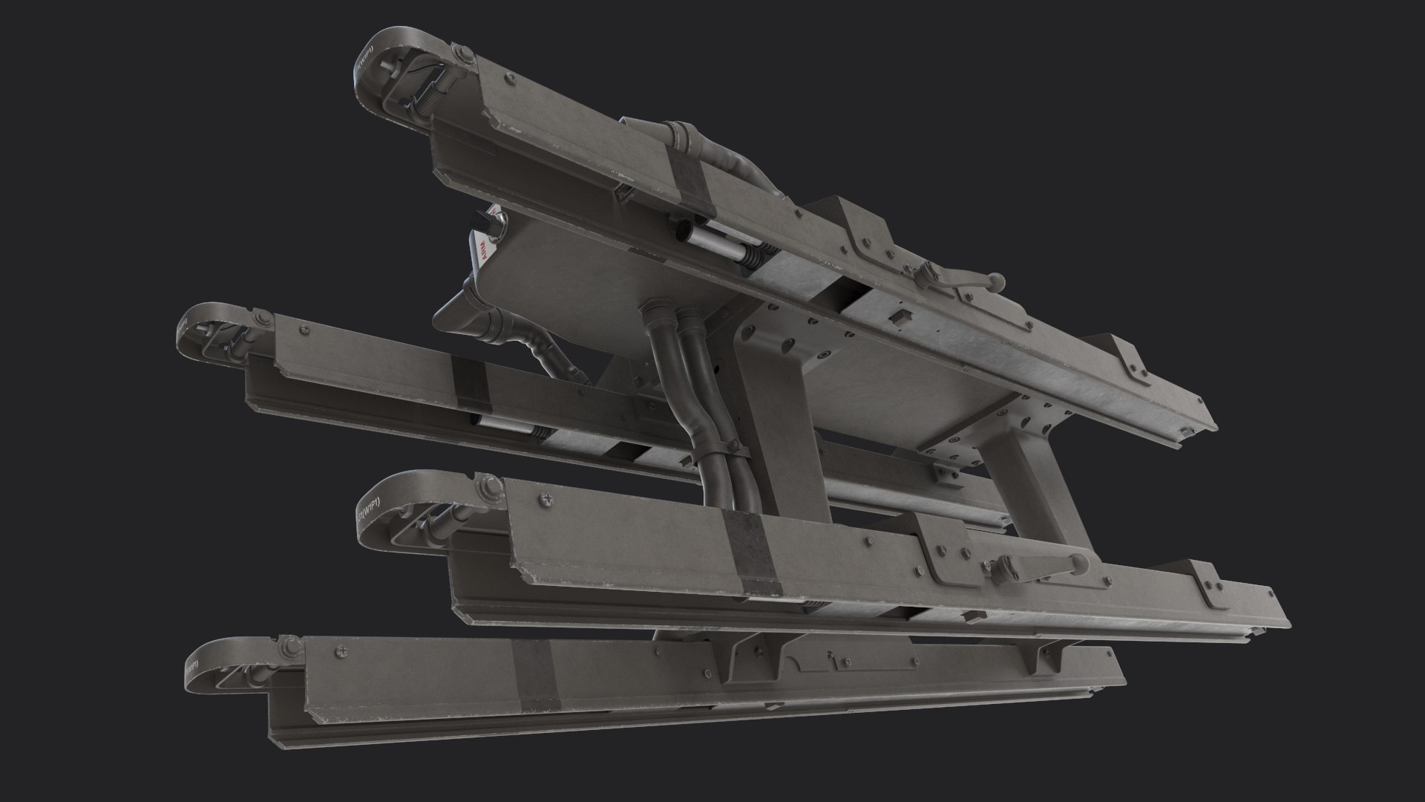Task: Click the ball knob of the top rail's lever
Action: (x=997, y=280)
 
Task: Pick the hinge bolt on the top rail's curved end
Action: (x=458, y=55)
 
